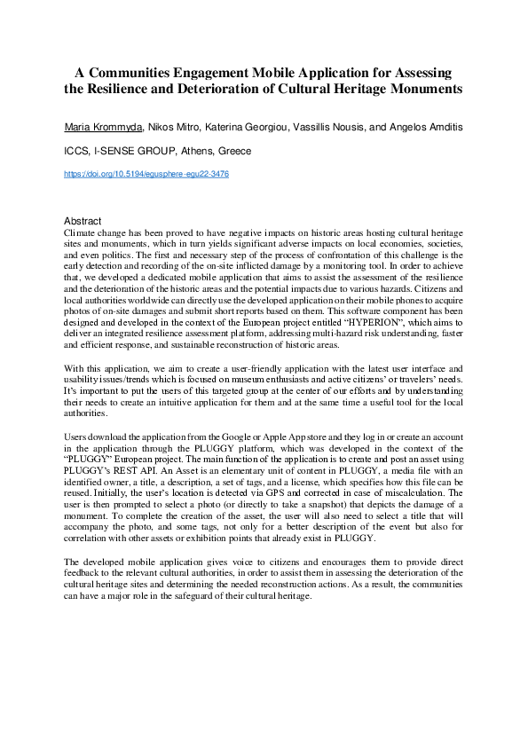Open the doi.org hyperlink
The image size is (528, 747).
(x=146, y=175)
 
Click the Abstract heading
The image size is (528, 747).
(x=83, y=221)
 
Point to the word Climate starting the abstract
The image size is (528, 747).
(x=81, y=232)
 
